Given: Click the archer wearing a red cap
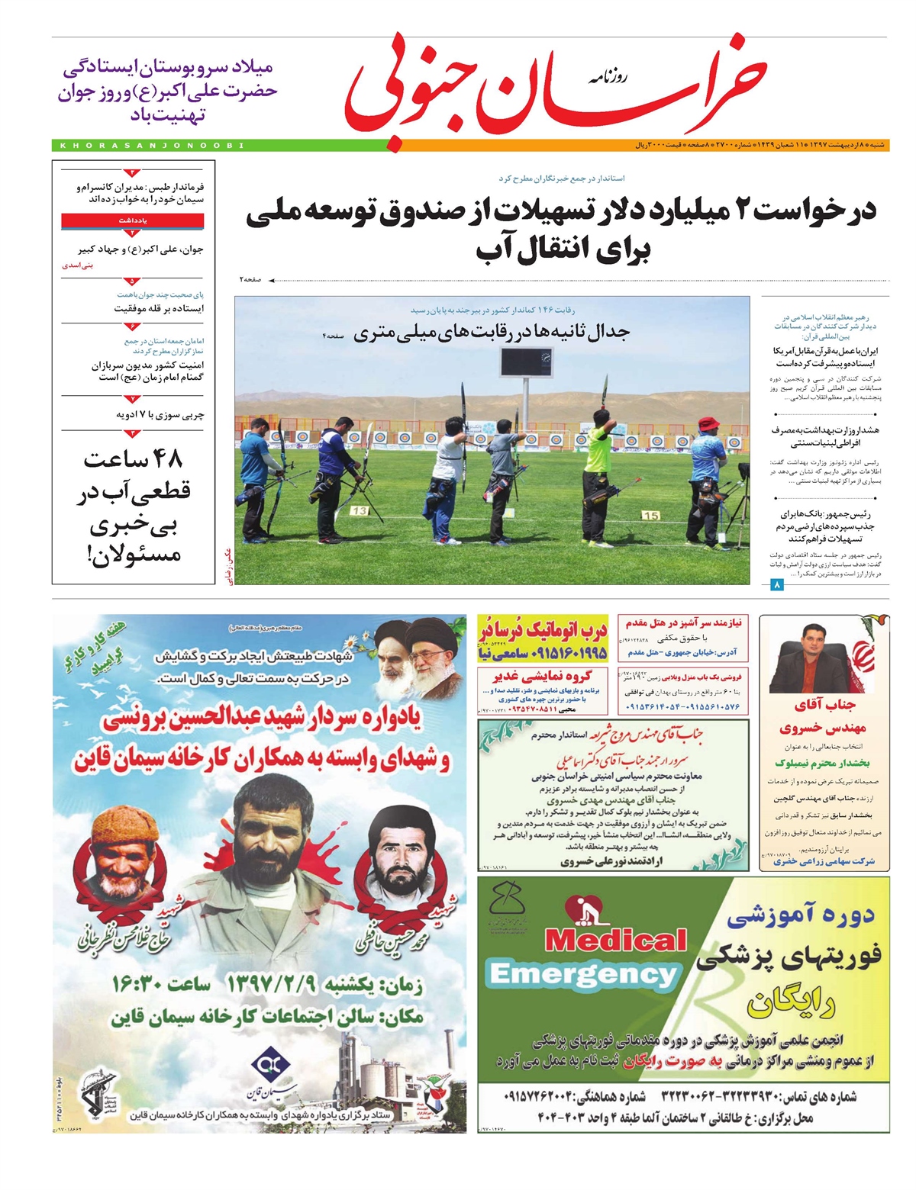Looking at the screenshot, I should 707,473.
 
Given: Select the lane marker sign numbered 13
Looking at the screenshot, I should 359,510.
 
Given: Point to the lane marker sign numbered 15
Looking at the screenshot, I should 650,516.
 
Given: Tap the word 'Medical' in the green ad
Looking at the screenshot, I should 615,941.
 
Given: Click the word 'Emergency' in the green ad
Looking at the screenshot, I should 584,974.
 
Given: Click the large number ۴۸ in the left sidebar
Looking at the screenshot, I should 134,459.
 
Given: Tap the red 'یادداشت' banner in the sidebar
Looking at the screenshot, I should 133,220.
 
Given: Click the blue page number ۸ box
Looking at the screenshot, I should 777,585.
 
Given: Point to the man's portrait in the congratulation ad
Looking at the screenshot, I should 809,657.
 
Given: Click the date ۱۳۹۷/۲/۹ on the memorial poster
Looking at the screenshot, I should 271,984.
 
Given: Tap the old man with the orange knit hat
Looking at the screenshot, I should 125,851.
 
